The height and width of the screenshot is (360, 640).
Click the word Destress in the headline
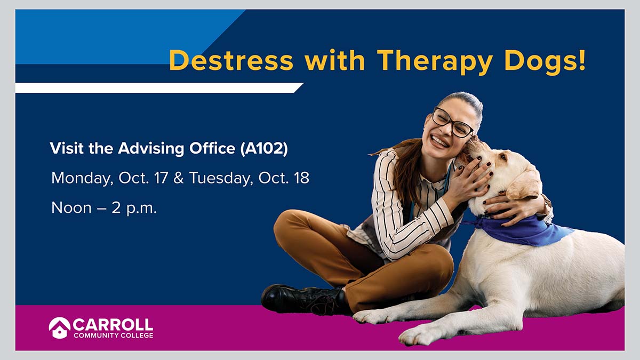[x=231, y=60]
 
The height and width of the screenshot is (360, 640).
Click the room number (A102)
[x=264, y=149]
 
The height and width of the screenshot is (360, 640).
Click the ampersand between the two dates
[x=179, y=178]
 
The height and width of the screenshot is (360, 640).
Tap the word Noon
[x=71, y=207]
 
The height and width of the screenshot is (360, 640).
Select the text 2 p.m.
[x=134, y=209]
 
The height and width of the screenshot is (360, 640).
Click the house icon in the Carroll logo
[x=59, y=327]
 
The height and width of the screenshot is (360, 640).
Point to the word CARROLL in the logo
[x=113, y=325]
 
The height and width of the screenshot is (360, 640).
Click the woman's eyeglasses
[x=452, y=122]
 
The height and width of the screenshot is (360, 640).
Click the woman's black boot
[x=305, y=299]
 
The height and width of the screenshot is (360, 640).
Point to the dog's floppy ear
[x=524, y=186]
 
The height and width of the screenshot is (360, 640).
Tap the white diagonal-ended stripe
[x=159, y=87]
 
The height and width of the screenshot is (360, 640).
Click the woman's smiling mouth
[x=439, y=141]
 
